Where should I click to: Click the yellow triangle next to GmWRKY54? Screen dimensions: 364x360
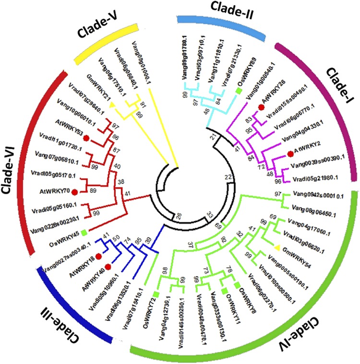(277, 247)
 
